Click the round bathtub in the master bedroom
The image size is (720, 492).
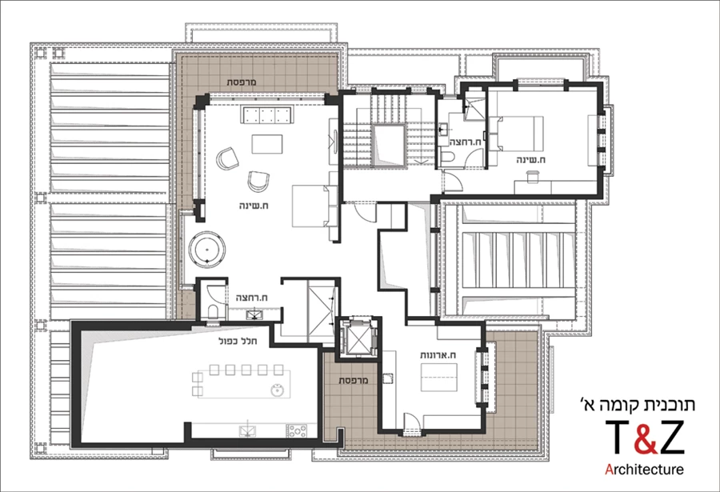[x=207, y=249]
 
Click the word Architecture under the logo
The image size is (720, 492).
[x=644, y=470]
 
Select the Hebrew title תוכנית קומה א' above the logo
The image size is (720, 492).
[x=638, y=404]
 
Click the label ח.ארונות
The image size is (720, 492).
[x=438, y=355]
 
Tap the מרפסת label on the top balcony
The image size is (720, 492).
[x=242, y=82]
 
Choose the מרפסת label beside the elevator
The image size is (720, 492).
[x=354, y=380]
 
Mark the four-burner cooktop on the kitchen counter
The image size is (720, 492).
[x=297, y=431]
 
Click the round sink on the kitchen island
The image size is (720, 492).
[x=277, y=390]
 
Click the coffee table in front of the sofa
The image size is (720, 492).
[x=266, y=144]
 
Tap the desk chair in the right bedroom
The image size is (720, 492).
[x=532, y=177]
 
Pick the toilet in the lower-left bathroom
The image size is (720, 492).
[x=213, y=311]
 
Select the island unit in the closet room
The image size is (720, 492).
[x=439, y=377]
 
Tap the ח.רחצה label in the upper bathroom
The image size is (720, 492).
[x=465, y=142]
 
